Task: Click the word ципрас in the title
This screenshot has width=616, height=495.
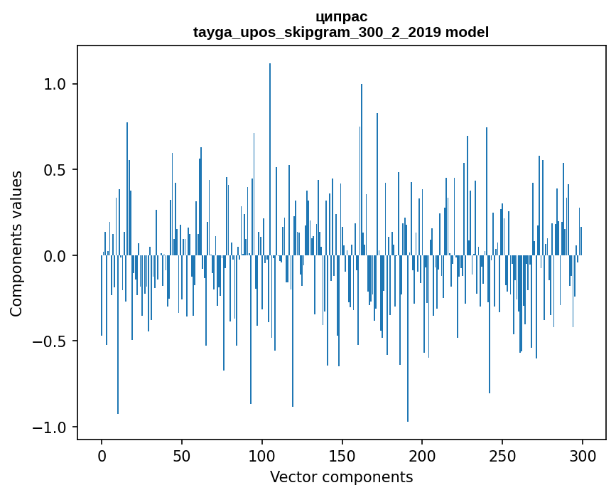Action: coord(341,16)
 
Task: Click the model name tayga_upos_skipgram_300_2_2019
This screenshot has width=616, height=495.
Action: coord(318,32)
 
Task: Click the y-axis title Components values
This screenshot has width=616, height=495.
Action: coord(16,243)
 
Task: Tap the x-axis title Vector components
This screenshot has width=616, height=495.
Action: coord(341,477)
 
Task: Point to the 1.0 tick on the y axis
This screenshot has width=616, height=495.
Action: coord(55,84)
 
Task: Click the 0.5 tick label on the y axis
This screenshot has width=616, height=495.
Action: coord(55,170)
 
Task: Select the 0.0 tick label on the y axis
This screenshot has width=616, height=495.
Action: coord(55,255)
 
